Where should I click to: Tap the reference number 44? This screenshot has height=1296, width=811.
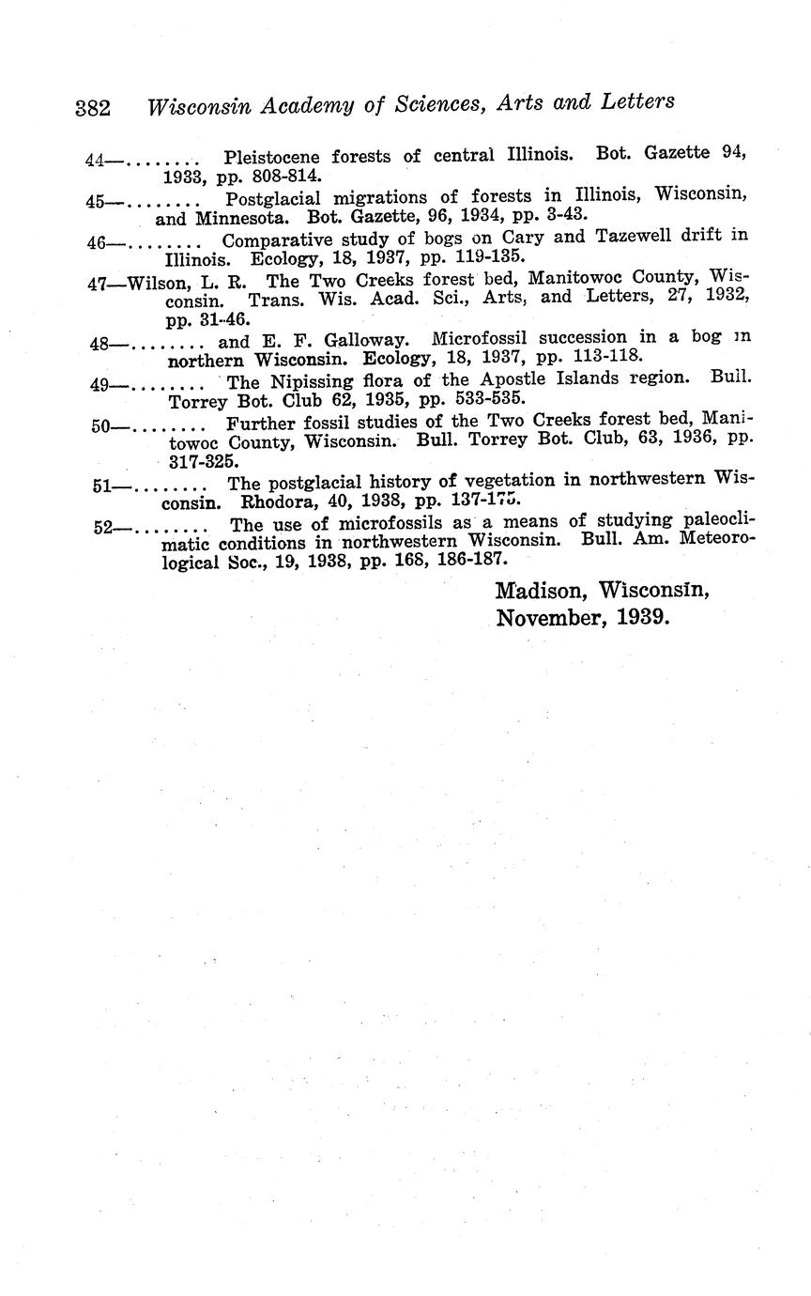coord(93,161)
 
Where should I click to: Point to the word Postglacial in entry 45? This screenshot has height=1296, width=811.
coord(274,198)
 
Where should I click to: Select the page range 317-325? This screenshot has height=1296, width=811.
coord(202,461)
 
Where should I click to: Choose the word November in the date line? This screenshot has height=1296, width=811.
coord(549,619)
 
